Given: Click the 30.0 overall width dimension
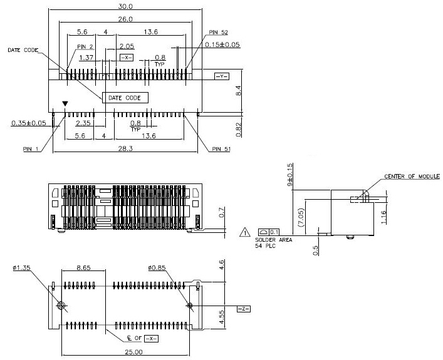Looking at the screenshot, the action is tap(125, 6).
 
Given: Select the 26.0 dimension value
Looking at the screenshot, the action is tap(125, 19).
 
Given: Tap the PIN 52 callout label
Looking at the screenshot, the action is tap(219, 33).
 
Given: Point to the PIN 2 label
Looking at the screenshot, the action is tap(85, 46).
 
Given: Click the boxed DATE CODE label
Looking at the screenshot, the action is tap(125, 98).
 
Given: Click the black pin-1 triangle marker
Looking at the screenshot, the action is tap(65, 104).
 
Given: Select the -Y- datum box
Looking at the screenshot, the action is tap(222, 76).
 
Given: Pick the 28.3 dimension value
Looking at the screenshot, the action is tap(125, 148).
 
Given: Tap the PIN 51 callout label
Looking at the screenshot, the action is tap(221, 149).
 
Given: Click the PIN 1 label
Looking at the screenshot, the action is tap(30, 149).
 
